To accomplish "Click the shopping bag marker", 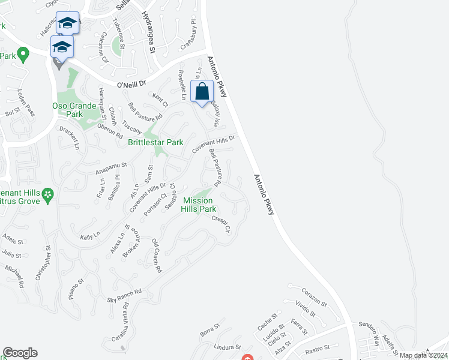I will click(x=202, y=92).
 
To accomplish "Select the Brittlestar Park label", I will click(x=155, y=142).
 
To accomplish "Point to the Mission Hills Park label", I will click(x=199, y=205).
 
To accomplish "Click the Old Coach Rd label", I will click(x=157, y=256).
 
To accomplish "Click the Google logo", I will click(x=19, y=353).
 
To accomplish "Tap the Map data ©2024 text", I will click(x=423, y=355).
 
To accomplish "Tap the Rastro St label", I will click(x=318, y=349).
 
